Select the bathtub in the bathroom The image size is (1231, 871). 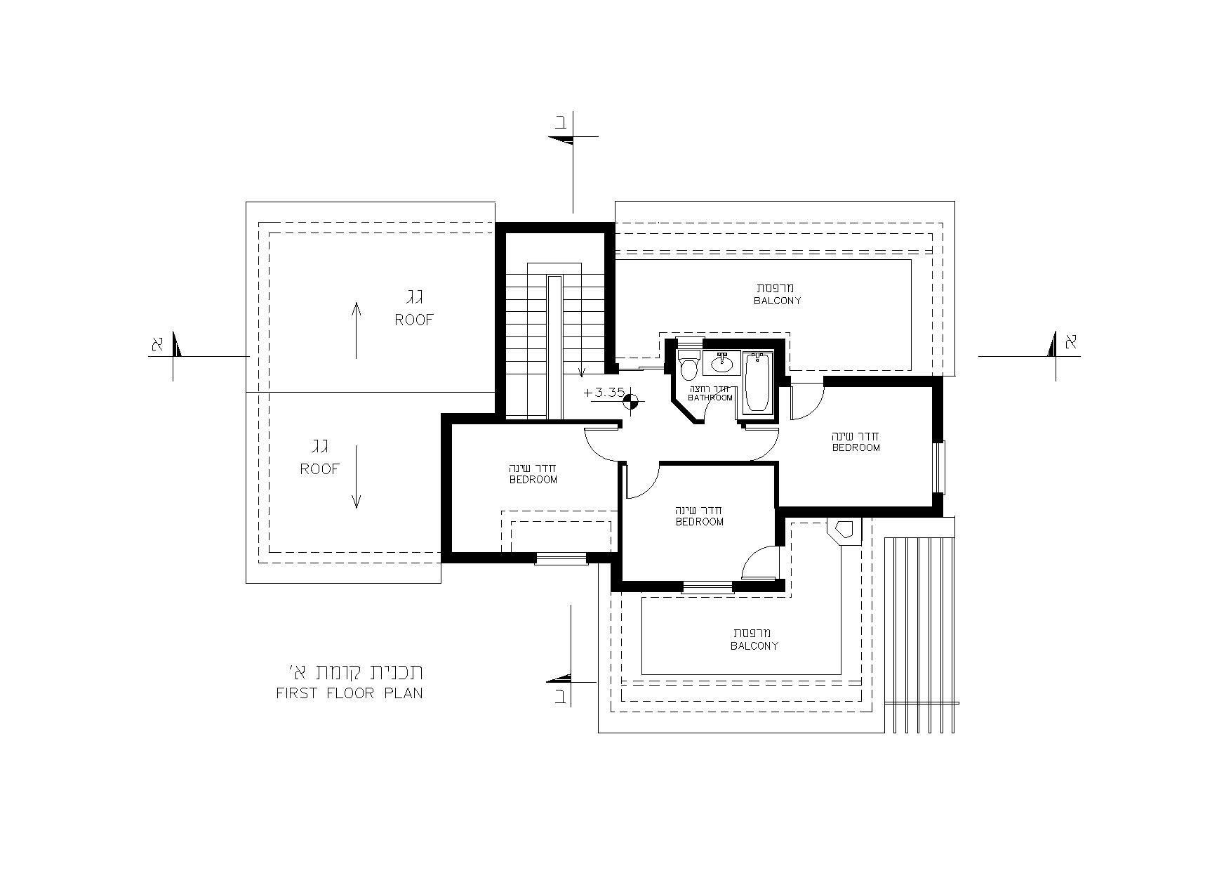pyautogui.click(x=757, y=383)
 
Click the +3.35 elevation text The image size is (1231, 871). pyautogui.click(x=604, y=392)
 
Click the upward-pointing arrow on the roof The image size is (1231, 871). pyautogui.click(x=357, y=330)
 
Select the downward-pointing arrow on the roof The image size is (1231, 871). pyautogui.click(x=357, y=477)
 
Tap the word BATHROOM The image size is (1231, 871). pyautogui.click(x=710, y=398)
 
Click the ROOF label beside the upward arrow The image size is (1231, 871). pyautogui.click(x=414, y=320)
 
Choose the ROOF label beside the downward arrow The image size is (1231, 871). pyautogui.click(x=320, y=469)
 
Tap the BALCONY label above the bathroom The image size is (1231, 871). pyautogui.click(x=778, y=301)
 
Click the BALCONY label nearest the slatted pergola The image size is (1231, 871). pyautogui.click(x=754, y=646)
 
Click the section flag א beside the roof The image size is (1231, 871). pyautogui.click(x=166, y=346)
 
